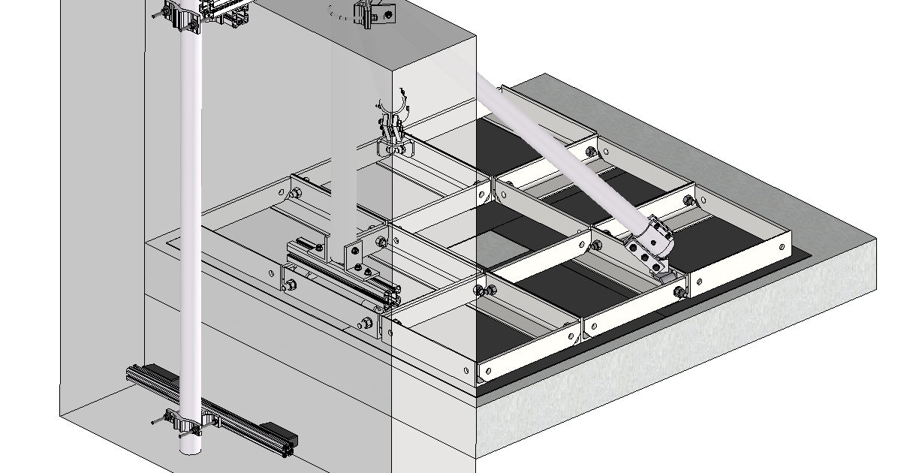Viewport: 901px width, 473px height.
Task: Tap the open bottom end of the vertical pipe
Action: point(191,449)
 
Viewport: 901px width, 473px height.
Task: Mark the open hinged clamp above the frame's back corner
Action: point(392,128)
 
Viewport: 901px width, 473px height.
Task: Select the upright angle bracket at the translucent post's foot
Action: point(352,255)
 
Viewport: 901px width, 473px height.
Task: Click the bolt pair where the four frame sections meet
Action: point(485,291)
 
